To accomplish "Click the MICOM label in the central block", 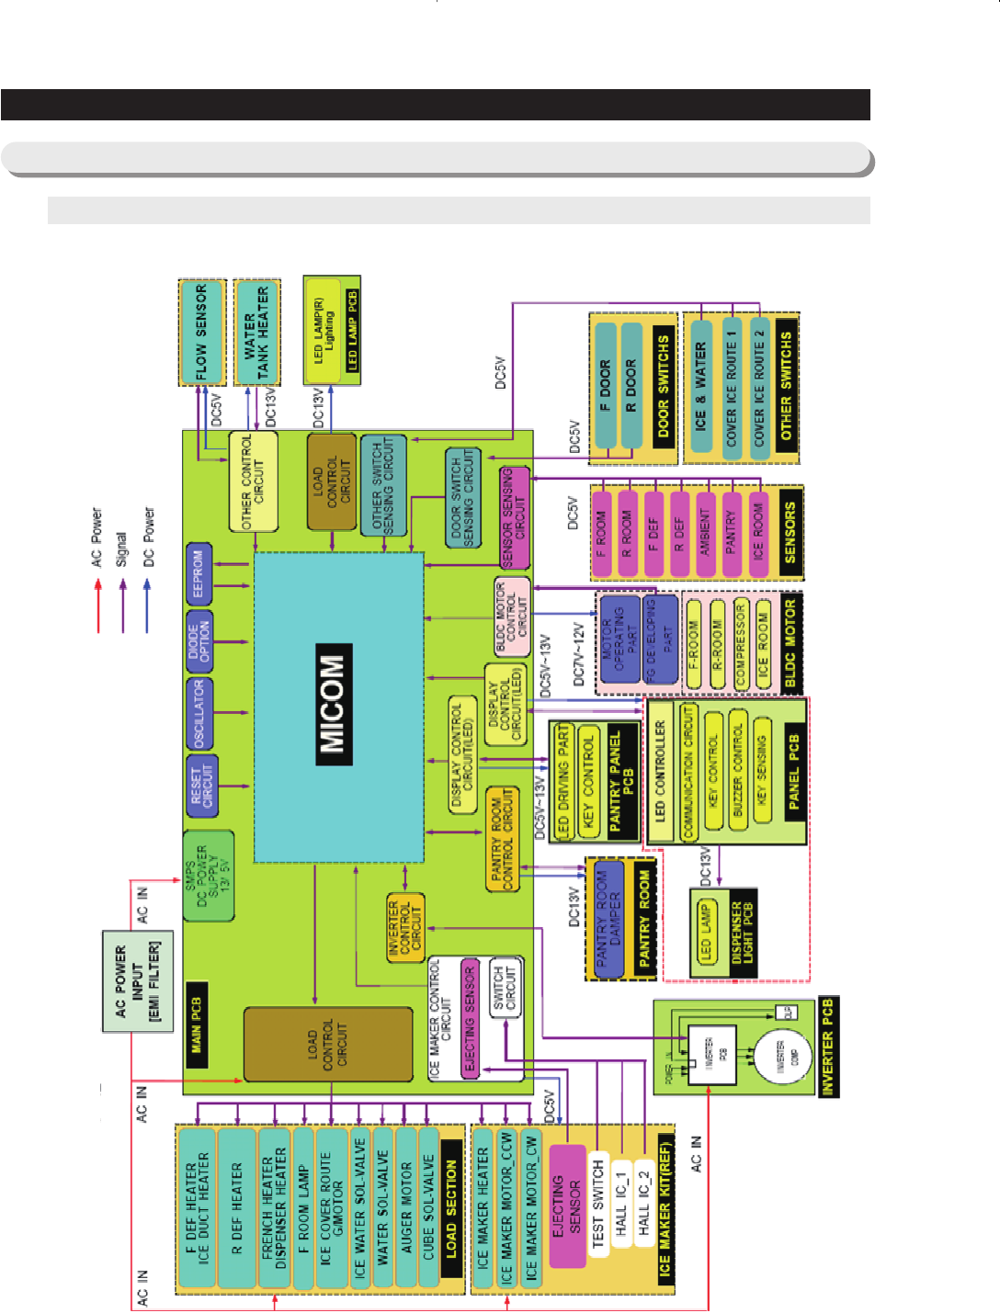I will point(332,705).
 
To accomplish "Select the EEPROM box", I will point(199,574).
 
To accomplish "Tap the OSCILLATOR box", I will point(199,714).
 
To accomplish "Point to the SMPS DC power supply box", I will point(208,877).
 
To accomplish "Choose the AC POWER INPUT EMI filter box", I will point(137,980).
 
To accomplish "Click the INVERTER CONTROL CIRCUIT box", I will point(405,928).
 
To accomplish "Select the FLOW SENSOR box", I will point(201,332).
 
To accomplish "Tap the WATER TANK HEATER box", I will point(256,332).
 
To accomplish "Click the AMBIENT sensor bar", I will point(706,531).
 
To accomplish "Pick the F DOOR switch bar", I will point(605,385).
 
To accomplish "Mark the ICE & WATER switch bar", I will point(701,385).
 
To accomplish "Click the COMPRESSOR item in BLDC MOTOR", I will point(741,644).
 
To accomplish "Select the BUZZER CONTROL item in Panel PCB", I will point(737,771).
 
